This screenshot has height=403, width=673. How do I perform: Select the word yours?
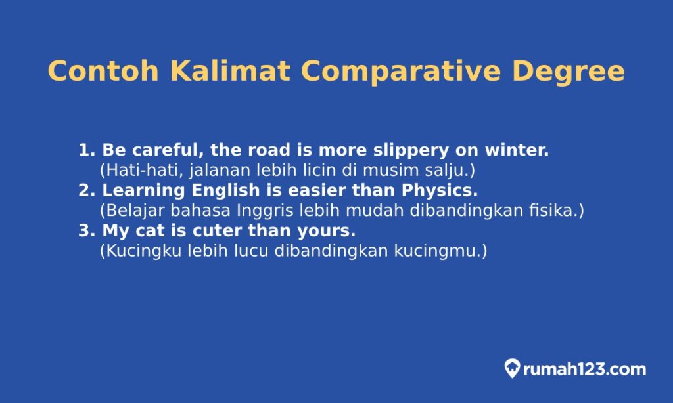[x=327, y=231]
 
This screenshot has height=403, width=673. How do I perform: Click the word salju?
[x=452, y=171]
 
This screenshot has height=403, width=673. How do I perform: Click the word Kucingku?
[x=139, y=251]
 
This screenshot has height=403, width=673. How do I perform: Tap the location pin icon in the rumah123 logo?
[x=512, y=369]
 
